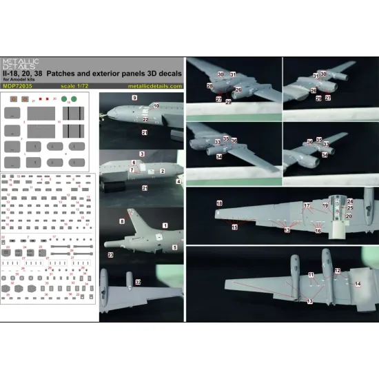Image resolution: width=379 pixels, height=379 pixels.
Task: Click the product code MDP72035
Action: click(19, 87)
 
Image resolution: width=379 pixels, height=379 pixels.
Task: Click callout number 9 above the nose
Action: click(134, 100)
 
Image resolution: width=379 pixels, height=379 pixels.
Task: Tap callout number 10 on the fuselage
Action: click(156, 106)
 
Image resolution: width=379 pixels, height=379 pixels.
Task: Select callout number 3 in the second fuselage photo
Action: click(142, 152)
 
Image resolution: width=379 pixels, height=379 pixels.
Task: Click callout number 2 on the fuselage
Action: click(162, 170)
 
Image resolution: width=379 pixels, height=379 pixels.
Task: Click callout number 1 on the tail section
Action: click(165, 225)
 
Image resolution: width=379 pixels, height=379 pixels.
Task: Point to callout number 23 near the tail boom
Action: click(110, 254)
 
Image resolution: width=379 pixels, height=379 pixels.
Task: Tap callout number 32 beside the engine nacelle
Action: click(138, 283)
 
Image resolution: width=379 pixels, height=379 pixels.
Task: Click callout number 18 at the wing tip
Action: click(219, 204)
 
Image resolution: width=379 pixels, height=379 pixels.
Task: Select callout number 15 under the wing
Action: click(234, 227)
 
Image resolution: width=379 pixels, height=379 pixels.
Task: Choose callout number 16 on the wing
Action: click(318, 232)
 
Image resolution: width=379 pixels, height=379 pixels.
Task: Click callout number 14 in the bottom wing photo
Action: click(357, 283)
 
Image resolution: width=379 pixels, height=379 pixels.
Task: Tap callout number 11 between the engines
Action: click(311, 275)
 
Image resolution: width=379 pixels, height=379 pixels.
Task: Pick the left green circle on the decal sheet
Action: click(63, 99)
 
